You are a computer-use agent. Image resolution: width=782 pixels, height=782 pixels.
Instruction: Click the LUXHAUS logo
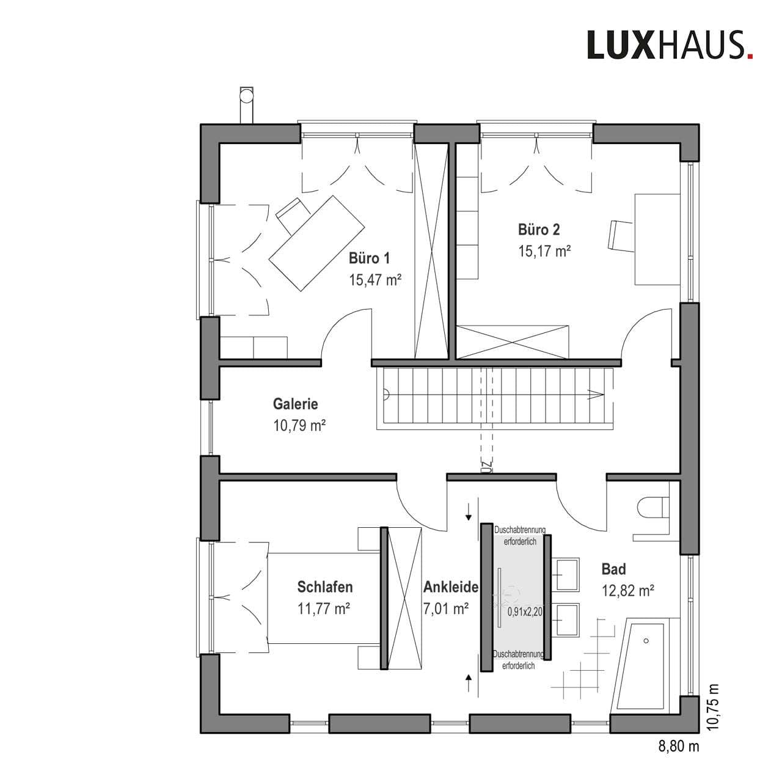[670, 45]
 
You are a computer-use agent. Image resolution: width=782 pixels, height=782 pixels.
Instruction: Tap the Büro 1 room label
[369, 258]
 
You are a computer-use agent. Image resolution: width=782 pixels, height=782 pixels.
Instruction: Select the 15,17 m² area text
[544, 251]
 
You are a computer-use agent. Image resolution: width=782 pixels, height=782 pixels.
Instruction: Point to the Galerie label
[295, 404]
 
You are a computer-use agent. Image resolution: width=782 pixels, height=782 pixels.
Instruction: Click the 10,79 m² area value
[299, 425]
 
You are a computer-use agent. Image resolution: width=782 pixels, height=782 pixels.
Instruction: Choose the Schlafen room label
[324, 586]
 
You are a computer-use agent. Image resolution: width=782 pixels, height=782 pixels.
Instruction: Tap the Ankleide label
[451, 586]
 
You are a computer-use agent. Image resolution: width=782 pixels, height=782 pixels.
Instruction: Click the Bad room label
[613, 569]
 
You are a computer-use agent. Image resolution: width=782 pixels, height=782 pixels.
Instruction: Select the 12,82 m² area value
[628, 591]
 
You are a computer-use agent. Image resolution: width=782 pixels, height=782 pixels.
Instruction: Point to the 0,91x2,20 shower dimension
[525, 612]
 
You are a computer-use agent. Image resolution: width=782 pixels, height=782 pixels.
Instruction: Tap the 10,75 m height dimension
[714, 707]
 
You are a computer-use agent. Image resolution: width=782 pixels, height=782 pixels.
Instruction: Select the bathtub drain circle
[646, 641]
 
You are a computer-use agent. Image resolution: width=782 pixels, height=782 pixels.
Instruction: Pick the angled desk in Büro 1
[316, 243]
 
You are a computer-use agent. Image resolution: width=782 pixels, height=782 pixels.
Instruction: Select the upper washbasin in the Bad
[568, 574]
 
